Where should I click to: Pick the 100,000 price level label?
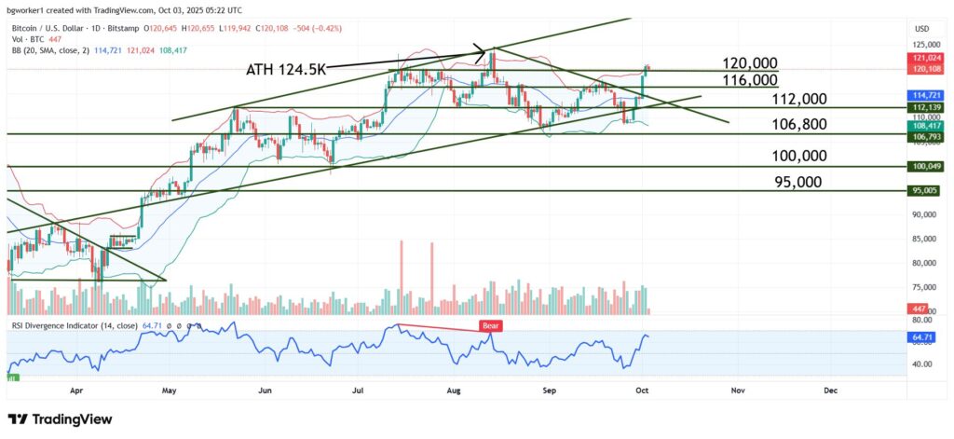pyautogui.click(x=798, y=157)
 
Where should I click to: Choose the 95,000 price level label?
pyautogui.click(x=797, y=182)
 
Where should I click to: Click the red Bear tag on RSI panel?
pyautogui.click(x=490, y=326)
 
